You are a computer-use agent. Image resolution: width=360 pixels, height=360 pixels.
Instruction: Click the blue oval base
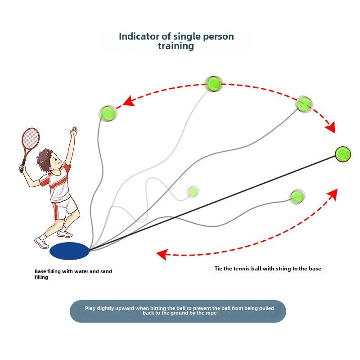tap(69, 251)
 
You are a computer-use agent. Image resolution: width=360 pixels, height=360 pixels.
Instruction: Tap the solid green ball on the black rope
tap(343, 154)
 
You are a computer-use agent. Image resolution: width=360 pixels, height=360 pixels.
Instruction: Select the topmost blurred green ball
tap(213, 84)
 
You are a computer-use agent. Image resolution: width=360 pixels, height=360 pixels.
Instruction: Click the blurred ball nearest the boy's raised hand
tap(108, 113)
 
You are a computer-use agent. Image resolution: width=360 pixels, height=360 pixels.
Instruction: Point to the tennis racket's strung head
tap(30, 138)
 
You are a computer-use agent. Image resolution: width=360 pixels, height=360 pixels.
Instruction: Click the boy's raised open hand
tap(74, 131)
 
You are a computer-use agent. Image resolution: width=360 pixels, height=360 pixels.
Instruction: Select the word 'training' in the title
tap(176, 46)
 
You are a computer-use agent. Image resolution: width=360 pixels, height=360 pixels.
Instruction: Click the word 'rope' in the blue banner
tap(211, 313)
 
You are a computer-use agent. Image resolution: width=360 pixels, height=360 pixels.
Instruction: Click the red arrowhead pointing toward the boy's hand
tap(129, 102)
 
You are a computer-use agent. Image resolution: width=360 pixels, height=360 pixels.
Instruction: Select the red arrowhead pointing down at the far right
tap(331, 127)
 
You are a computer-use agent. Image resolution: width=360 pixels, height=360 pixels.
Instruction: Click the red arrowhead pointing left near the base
tap(162, 254)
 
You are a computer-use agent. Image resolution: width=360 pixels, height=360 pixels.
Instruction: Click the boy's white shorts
tap(65, 208)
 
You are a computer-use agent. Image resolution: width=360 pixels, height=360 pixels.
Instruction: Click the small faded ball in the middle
tap(193, 192)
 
